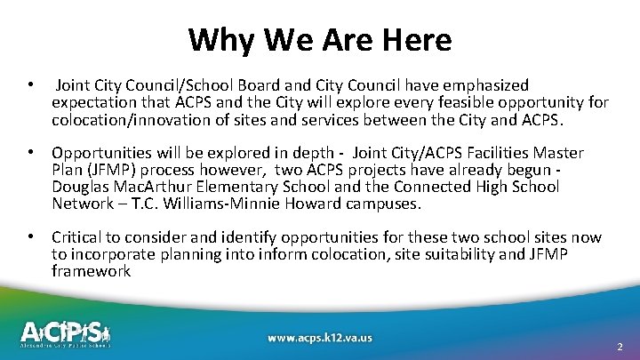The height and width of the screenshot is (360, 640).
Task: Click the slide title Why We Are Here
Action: click(x=320, y=40)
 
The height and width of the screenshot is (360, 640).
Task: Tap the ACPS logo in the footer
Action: click(x=77, y=333)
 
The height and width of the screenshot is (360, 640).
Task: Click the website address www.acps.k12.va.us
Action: click(x=319, y=338)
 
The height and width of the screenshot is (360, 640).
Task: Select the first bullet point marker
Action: click(x=31, y=85)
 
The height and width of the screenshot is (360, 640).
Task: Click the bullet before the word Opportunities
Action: click(x=31, y=153)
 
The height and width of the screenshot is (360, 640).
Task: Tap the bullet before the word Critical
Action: click(x=31, y=237)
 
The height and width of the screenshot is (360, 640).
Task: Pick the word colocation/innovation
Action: click(x=123, y=119)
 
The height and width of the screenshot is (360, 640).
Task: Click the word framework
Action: click(x=92, y=271)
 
